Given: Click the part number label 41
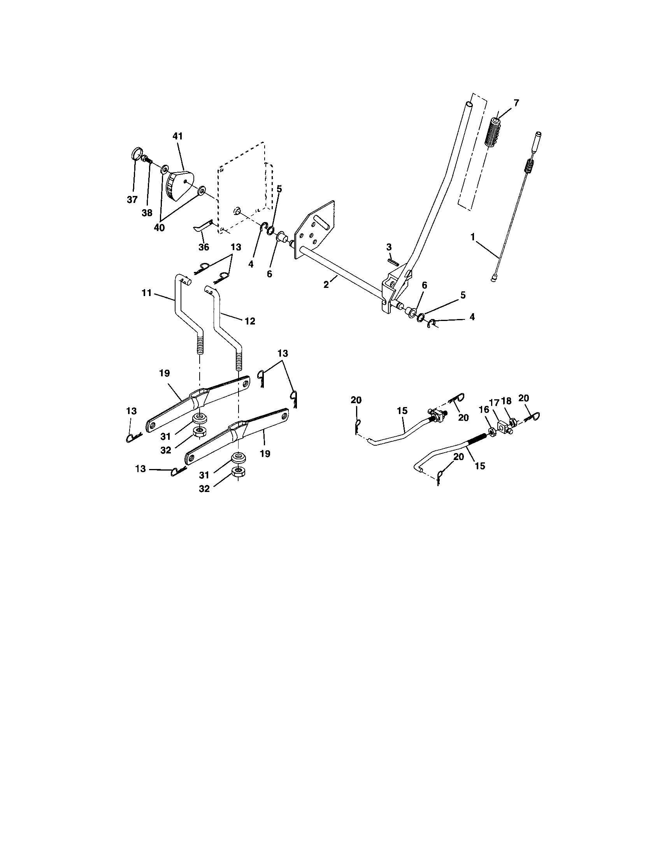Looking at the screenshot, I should pyautogui.click(x=177, y=137).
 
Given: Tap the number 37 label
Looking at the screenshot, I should pyautogui.click(x=132, y=200).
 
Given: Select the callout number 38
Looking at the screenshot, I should pyautogui.click(x=147, y=213).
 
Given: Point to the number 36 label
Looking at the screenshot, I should pyautogui.click(x=204, y=247).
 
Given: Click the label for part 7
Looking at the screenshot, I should pyautogui.click(x=516, y=103).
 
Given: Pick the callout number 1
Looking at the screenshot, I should pyautogui.click(x=473, y=236).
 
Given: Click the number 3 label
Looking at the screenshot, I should pyautogui.click(x=389, y=247).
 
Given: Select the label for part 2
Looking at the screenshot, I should pyautogui.click(x=326, y=285).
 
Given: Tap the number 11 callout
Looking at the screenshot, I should pyautogui.click(x=147, y=293).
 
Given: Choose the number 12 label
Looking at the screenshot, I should pyautogui.click(x=250, y=321).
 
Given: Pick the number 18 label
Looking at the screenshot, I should pyautogui.click(x=506, y=401).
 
